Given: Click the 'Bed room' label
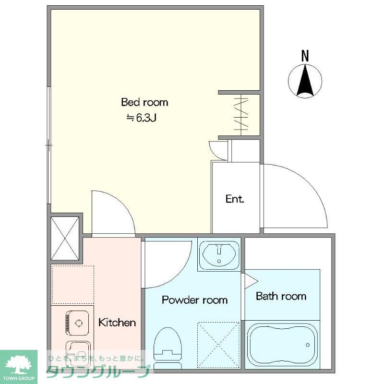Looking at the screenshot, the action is click(x=144, y=102).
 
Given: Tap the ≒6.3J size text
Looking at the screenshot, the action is click(x=141, y=118).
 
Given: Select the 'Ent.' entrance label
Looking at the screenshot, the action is click(x=235, y=199).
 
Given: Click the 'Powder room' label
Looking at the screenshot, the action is click(x=195, y=300).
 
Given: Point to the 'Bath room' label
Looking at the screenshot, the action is click(x=281, y=296).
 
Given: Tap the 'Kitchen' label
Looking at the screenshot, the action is click(x=117, y=322).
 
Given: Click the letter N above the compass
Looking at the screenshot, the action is click(x=305, y=56).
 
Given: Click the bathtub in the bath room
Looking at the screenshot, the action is click(x=282, y=345).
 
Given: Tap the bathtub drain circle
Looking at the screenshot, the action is click(x=308, y=345).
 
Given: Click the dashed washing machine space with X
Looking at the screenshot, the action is click(x=218, y=345).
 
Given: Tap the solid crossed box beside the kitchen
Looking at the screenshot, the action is click(x=65, y=238).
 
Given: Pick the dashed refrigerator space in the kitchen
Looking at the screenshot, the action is click(x=73, y=285).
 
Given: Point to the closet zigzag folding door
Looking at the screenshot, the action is click(x=241, y=115).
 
